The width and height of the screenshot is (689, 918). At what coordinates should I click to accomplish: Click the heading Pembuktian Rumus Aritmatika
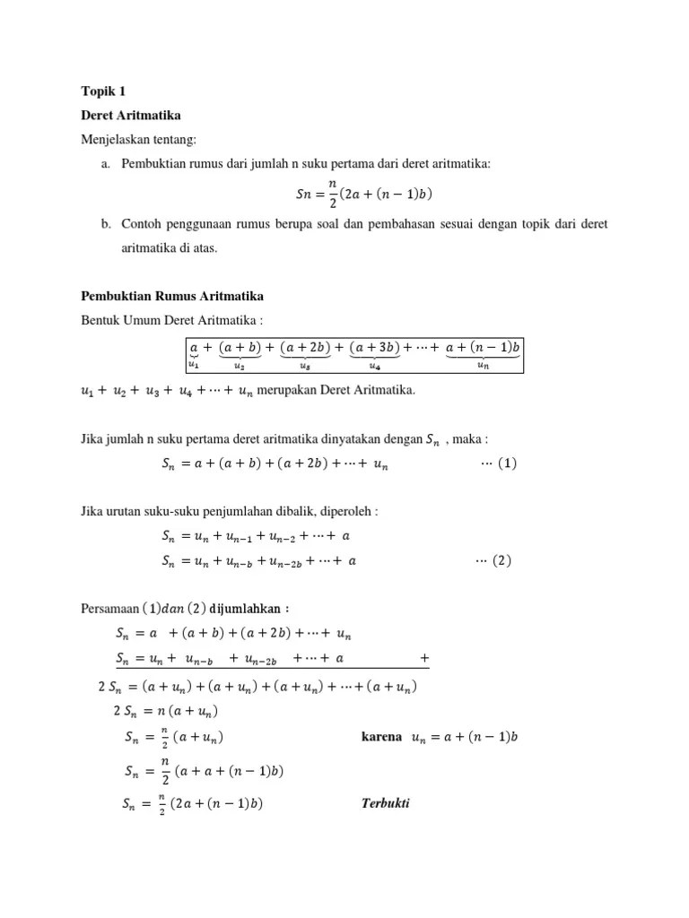point(172,297)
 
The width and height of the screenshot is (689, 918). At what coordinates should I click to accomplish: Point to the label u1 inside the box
point(194,364)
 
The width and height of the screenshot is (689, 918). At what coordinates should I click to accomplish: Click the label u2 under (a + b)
point(239,365)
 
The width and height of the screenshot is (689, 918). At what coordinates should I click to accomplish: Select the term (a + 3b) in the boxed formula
point(375,347)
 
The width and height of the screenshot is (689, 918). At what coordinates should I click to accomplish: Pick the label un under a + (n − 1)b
point(483,365)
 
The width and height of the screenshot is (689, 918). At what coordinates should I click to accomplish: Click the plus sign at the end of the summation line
point(423,658)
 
